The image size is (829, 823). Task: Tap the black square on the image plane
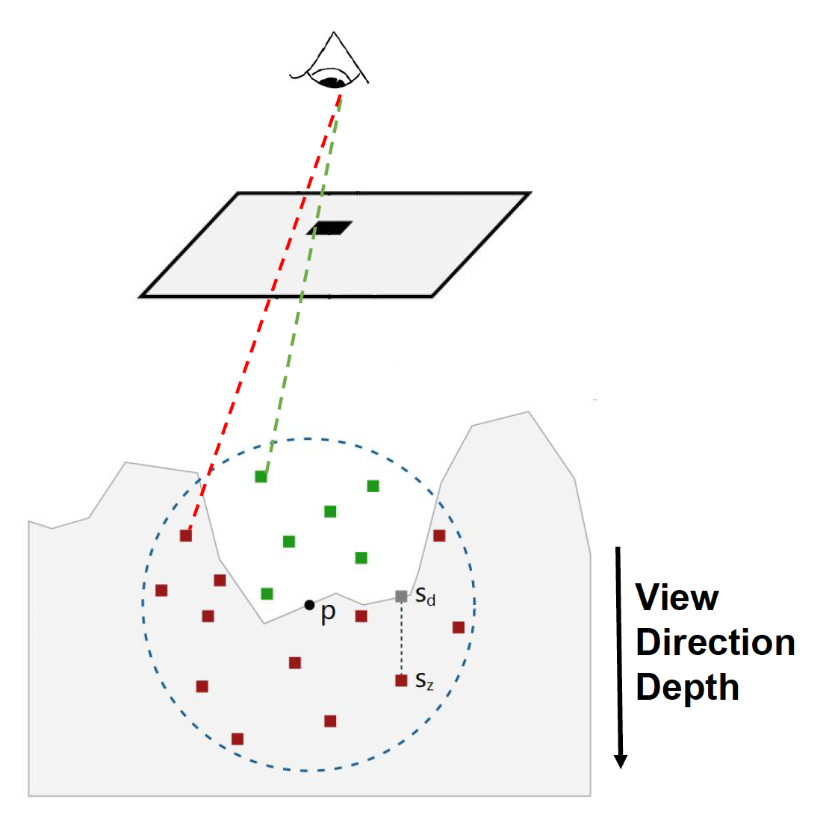pos(329,228)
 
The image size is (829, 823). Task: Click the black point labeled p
pos(309,604)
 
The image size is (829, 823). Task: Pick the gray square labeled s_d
pos(401,596)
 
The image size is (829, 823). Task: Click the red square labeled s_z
pos(401,680)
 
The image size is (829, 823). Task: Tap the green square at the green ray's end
pos(261,476)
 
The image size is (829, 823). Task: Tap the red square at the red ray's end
pos(186,535)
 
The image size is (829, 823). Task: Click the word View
pos(677,597)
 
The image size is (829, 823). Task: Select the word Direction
pos(715,642)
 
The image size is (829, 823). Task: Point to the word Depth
pos(687,687)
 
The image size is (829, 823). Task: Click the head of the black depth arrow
pos(620,760)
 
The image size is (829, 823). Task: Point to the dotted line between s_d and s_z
pos(401,639)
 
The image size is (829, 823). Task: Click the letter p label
pos(328,614)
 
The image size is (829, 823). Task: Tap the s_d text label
pos(425,597)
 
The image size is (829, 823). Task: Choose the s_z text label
pos(424,681)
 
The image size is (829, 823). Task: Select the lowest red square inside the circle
pos(237,739)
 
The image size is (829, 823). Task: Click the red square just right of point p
pos(361,616)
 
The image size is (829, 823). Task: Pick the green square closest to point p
pos(267,594)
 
